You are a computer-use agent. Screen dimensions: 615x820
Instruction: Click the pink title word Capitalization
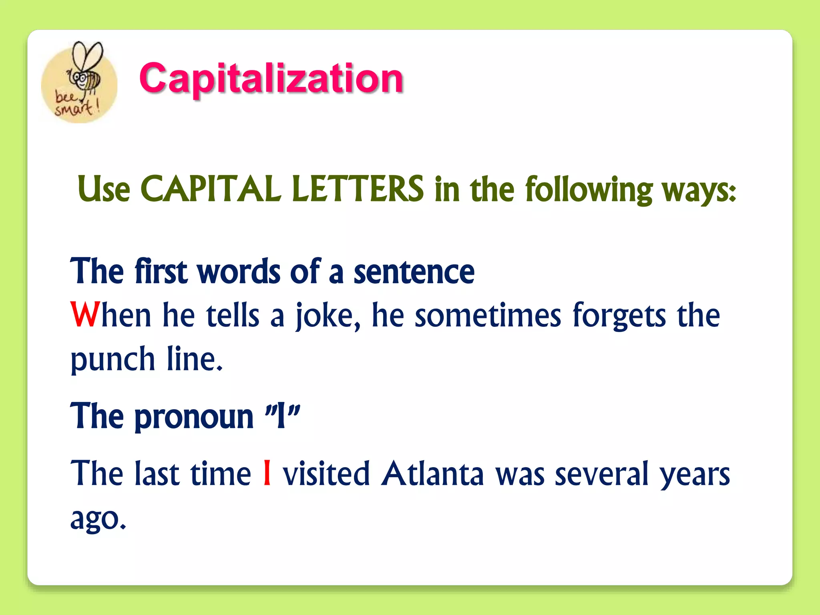tap(271, 78)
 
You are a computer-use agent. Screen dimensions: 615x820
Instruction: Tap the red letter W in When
tap(85, 315)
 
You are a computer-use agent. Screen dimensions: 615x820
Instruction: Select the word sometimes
tap(488, 316)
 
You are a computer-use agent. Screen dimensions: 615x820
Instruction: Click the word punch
tap(113, 360)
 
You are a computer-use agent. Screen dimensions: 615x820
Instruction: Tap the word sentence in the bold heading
tap(414, 272)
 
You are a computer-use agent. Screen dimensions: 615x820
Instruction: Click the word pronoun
tap(194, 417)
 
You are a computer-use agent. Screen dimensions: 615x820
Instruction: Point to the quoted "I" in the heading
tap(282, 416)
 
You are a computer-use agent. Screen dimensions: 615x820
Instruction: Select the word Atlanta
tap(432, 474)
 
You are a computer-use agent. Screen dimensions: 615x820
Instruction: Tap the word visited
tap(326, 474)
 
